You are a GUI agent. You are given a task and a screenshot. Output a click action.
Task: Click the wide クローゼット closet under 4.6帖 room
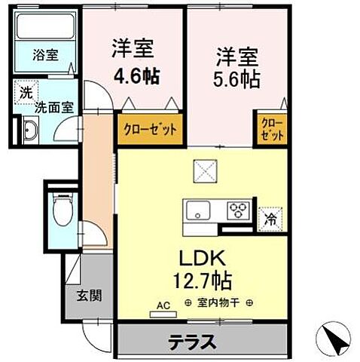[x=150, y=129]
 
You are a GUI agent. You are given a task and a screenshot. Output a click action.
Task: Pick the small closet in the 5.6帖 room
[x=272, y=130]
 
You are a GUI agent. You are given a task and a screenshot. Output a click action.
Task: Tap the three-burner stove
[x=240, y=210]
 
